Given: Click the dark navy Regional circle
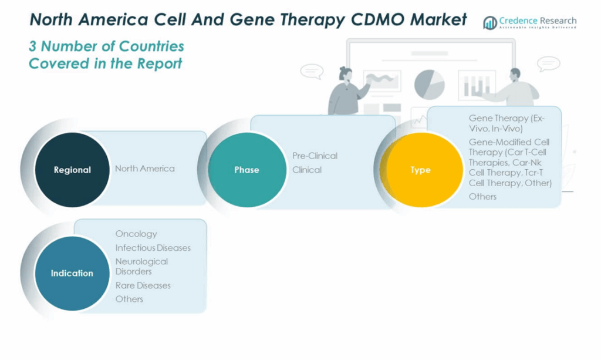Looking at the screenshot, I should point(72,170).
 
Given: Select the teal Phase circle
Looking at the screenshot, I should point(247,170).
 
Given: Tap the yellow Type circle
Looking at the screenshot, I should point(420,170).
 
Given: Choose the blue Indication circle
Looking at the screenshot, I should point(72,273).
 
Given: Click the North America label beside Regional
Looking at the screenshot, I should point(144,169).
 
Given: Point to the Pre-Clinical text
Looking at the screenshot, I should point(315,156).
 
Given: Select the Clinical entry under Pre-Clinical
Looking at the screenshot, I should point(307,170).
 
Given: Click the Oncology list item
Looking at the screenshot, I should point(136,234).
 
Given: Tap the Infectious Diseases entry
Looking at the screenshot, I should point(153,248).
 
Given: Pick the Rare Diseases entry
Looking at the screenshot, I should point(143,285).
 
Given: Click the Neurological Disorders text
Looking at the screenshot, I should point(141,266).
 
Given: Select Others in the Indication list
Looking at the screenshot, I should point(129,299).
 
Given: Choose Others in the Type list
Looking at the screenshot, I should point(482,196).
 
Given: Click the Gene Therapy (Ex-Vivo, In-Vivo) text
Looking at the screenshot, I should point(507,123).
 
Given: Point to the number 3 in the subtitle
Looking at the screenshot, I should point(33,46).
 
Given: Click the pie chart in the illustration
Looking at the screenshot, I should point(429,83).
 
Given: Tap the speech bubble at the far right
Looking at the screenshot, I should point(548,63).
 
